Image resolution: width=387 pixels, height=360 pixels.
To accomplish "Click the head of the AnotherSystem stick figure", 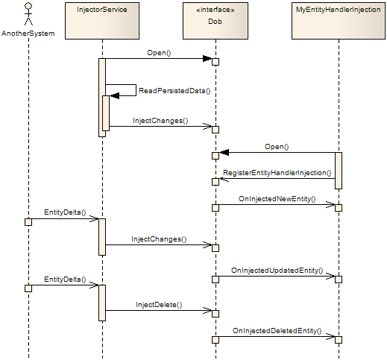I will (x=28, y=7).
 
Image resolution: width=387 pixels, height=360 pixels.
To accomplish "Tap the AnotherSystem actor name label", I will (x=28, y=34).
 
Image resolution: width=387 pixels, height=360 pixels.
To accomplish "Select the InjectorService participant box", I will (x=101, y=21).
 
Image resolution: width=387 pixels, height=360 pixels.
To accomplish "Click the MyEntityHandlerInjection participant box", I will (x=338, y=21).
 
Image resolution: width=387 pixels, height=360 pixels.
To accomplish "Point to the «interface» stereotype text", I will (x=215, y=11).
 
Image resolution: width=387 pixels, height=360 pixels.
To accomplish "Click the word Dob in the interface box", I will (x=215, y=22).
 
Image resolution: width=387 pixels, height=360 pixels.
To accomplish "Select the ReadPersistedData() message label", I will (x=174, y=90).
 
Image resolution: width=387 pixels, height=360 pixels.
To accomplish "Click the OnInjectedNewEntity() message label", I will (x=277, y=199).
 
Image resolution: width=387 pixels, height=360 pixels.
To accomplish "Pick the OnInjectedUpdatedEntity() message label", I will (x=277, y=271).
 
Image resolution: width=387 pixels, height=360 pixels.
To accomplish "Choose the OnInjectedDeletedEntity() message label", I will (x=277, y=330).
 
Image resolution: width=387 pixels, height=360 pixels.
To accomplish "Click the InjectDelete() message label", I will (x=159, y=305).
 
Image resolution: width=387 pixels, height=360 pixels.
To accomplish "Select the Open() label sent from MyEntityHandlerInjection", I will (x=277, y=147).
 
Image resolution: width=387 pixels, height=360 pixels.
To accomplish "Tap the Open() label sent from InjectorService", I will (x=159, y=53).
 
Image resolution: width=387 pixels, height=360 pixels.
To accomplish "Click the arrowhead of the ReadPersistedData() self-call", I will (x=114, y=95).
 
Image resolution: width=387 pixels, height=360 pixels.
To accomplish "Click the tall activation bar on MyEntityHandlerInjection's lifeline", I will (x=338, y=171).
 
